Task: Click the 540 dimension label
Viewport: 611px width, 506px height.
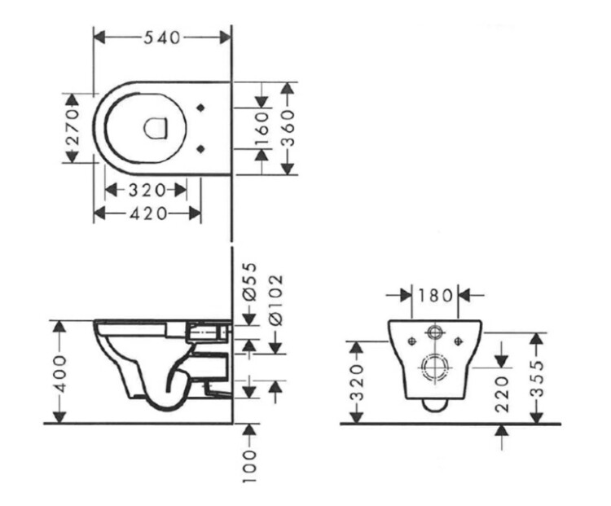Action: click(162, 37)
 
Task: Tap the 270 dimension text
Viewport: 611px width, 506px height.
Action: click(72, 127)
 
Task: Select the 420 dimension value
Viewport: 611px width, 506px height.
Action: click(148, 213)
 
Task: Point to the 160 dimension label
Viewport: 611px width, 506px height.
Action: click(262, 128)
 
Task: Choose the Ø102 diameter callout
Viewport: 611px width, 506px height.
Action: click(275, 300)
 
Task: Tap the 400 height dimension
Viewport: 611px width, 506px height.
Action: click(59, 373)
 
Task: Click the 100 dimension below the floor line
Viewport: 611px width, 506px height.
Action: click(249, 467)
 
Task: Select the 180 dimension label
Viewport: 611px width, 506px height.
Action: click(435, 295)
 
